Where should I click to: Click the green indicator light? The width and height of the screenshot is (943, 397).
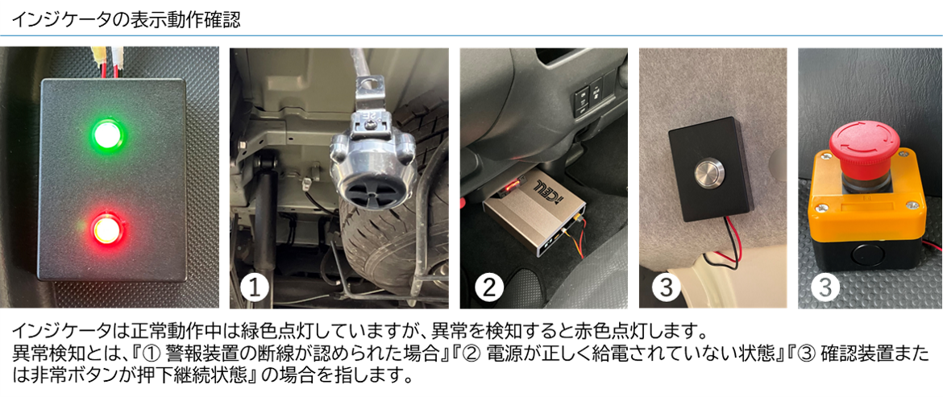click(x=107, y=134)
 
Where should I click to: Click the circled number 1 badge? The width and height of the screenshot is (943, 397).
click(x=256, y=287)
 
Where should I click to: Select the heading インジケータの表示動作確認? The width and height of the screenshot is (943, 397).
click(x=126, y=20)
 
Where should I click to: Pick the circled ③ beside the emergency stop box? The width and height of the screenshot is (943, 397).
click(x=826, y=287)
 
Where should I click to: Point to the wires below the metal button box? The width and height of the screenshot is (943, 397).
click(x=724, y=247)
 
